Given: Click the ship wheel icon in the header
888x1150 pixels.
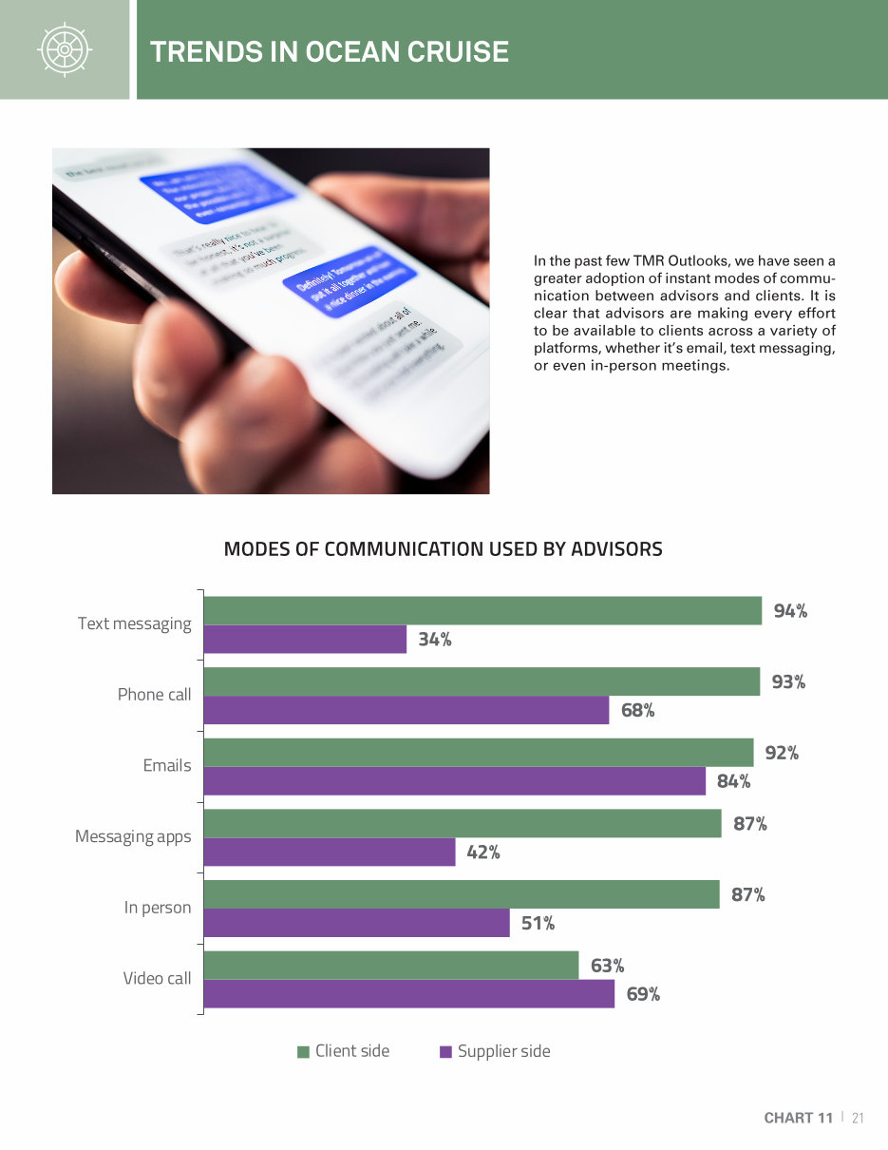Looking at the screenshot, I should [64, 49].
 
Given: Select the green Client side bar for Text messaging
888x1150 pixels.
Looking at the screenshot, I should [482, 610].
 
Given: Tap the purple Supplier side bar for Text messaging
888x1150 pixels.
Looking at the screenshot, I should [305, 639].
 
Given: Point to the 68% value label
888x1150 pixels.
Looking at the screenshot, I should [637, 710].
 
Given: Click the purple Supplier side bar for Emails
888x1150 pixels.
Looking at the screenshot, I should [454, 781].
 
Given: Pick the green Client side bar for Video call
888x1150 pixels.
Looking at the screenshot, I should [390, 966].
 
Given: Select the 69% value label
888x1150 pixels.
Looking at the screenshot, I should [643, 994].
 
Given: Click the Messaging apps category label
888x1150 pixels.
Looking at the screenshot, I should [133, 836].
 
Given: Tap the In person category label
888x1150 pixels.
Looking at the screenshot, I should [157, 908].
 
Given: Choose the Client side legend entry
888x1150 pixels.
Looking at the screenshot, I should [343, 1051].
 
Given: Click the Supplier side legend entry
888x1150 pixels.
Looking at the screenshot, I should [495, 1051].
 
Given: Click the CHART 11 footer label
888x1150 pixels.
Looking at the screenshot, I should [798, 1118].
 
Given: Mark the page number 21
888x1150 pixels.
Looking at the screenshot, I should [858, 1118].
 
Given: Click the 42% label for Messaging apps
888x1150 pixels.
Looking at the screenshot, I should [483, 853].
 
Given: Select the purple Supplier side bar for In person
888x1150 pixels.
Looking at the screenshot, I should [356, 923].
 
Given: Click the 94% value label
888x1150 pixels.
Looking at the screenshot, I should [790, 611].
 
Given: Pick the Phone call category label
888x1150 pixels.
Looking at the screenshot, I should [154, 695].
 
